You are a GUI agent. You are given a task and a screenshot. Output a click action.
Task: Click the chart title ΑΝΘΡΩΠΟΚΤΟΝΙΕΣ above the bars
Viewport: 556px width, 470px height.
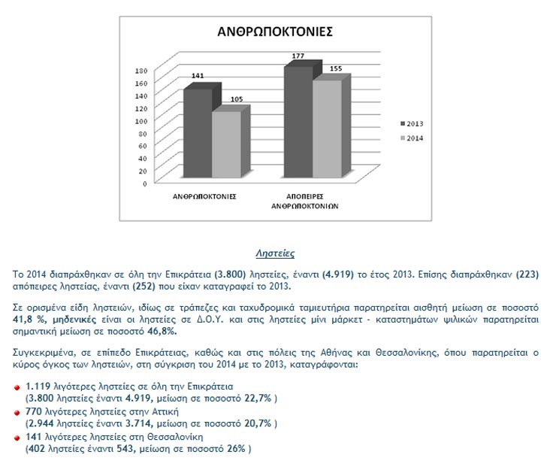275,32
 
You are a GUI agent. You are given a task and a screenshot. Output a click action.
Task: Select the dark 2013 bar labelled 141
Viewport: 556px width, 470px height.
198,135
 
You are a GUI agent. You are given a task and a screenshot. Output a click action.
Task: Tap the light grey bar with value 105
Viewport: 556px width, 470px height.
226,146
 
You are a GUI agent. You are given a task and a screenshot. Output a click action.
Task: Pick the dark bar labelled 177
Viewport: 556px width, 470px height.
298,123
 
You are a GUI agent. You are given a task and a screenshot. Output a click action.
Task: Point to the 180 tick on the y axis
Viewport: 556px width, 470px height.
141,71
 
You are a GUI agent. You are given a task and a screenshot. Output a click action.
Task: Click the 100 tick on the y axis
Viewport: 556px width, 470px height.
141,120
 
